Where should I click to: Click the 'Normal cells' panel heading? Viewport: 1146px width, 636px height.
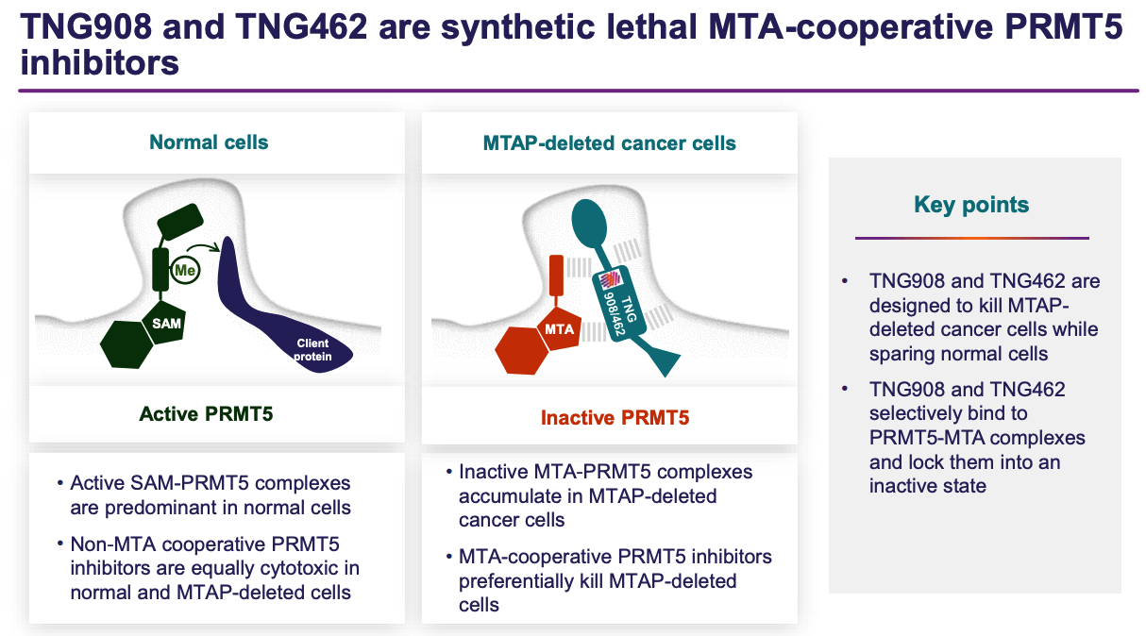tap(209, 142)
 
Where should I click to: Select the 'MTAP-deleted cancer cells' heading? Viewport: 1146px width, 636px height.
tap(609, 143)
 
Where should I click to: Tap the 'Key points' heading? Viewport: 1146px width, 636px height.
tap(971, 205)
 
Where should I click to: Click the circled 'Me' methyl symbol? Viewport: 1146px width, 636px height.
tap(184, 272)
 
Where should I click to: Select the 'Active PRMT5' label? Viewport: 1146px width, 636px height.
tap(206, 413)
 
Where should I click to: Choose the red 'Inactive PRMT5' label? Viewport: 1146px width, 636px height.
tap(615, 417)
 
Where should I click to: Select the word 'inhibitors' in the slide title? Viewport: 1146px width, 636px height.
tap(99, 64)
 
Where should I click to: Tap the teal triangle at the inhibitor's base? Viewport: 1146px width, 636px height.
tap(663, 360)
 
